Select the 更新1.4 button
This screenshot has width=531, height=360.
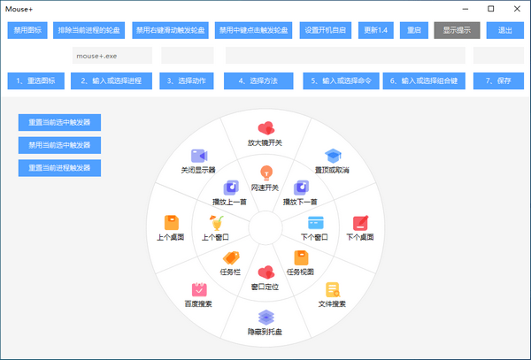pos(376,29)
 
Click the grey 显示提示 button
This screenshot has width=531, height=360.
pos(457,29)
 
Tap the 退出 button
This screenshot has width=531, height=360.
pos(504,29)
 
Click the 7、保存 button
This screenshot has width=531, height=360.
pos(498,80)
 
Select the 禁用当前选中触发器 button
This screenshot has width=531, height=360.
pos(59,145)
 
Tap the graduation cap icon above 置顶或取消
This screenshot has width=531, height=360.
pos(332,156)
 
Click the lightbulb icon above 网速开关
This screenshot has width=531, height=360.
pos(265,172)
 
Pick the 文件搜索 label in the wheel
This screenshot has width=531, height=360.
pos(332,304)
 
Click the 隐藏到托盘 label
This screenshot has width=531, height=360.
pos(265,332)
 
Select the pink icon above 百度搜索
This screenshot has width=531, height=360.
pos(198,289)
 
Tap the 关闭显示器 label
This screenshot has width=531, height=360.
pos(198,169)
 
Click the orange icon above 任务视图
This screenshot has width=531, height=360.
pos(301,257)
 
